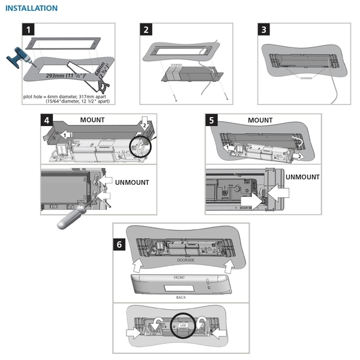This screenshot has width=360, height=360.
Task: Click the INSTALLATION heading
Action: click(x=31, y=8)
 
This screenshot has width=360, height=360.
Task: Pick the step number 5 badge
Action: click(x=211, y=120)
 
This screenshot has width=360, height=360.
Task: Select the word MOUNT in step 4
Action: click(x=92, y=120)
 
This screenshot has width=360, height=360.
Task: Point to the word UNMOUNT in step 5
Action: click(x=302, y=177)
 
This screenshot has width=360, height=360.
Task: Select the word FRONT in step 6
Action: click(x=179, y=278)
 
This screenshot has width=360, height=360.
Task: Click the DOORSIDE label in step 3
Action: click(x=306, y=77)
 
